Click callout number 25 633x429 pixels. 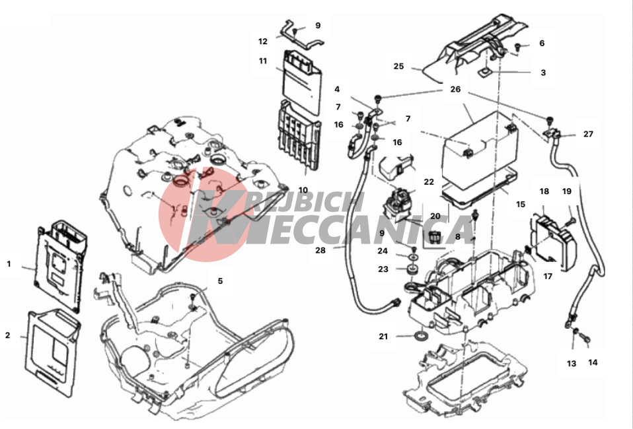coord(398,66)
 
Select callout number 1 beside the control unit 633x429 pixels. coord(9,264)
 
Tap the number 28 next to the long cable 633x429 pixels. coord(320,250)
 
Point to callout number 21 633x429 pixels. coord(383,336)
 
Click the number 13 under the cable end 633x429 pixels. coord(572,364)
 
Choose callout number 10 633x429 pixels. coord(303,190)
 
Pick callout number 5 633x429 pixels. coord(220,281)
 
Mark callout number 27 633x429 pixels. coord(588,134)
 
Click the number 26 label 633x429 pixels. coord(455,89)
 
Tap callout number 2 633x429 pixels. coord(8,335)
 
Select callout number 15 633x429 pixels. coord(521,205)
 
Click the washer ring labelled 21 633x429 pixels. coord(422,335)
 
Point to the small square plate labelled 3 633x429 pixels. coord(484,73)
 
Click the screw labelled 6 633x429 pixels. coord(517,48)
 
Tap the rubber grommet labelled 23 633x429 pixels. coord(412,269)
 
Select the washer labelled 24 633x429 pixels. coord(413,257)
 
